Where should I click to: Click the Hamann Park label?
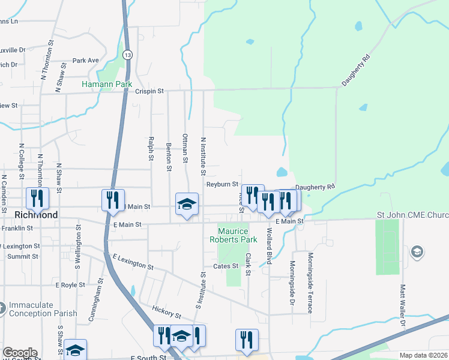(x=107, y=85)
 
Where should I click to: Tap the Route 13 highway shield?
(x=127, y=55)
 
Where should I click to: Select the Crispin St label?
(x=149, y=91)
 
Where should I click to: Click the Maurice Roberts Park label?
(x=237, y=235)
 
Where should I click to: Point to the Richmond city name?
(x=37, y=215)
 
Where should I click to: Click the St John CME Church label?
(x=412, y=215)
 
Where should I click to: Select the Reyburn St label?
(x=223, y=185)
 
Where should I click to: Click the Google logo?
(x=19, y=353)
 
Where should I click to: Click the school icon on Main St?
(x=187, y=205)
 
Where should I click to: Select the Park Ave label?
(x=85, y=61)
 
